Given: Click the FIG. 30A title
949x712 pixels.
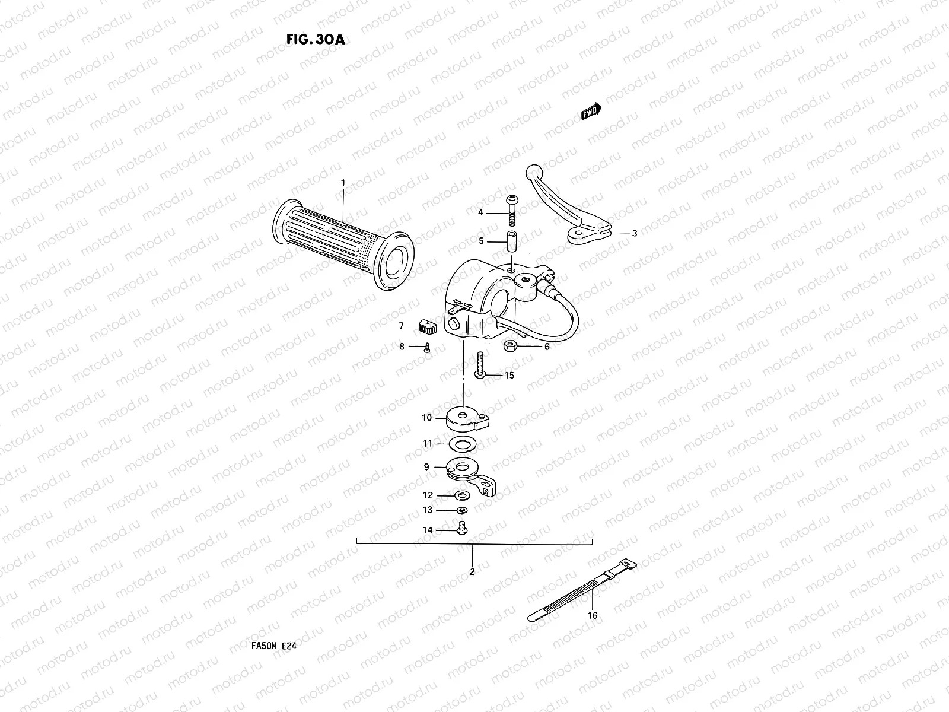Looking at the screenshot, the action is point(314,39).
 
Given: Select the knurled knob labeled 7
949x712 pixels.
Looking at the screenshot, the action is point(426,326).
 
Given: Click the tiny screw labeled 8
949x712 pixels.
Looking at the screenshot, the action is point(426,349).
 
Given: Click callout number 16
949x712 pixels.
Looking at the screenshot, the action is point(592,615).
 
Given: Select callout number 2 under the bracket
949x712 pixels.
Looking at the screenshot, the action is point(472,572).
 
